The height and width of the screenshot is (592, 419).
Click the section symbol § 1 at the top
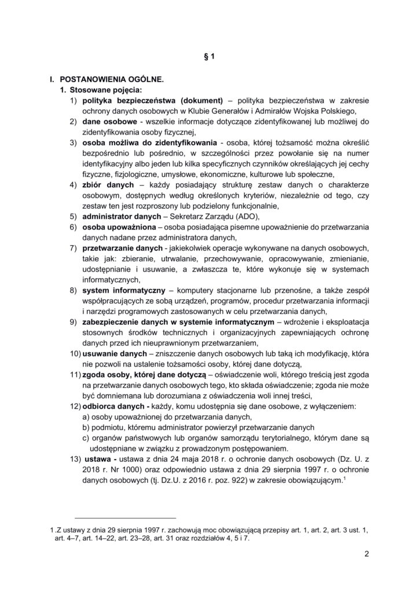(209, 57)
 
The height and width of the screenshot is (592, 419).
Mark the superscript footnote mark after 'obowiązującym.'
(344, 477)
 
